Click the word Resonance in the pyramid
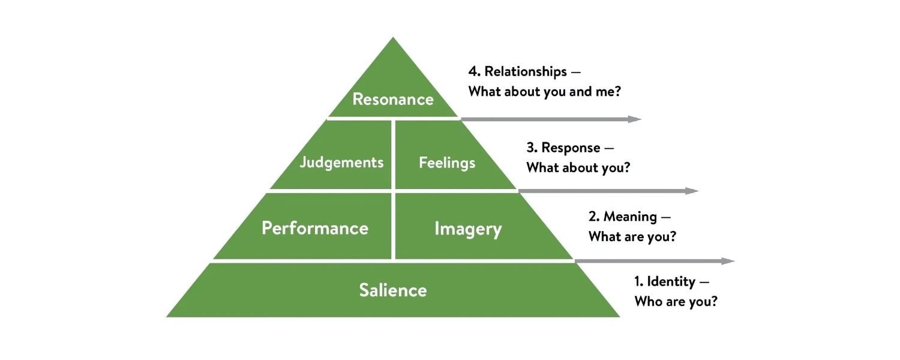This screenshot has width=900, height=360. pos(393,99)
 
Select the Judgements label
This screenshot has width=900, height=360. pos(341,163)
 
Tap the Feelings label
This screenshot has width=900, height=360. pos(447,163)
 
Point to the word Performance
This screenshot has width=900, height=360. pos(315,228)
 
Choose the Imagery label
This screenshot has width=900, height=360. pos(468,229)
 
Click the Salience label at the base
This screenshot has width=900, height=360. pos(393,290)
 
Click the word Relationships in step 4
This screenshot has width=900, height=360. pos(526,71)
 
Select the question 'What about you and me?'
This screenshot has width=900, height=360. pos(544,92)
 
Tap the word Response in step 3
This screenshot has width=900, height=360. pos(571,148)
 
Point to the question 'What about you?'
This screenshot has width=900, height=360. pos(578,167)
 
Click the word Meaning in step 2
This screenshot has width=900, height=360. pos(630,217)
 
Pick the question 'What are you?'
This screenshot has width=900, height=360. pos(632,236)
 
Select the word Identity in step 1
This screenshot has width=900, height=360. pos(671,281)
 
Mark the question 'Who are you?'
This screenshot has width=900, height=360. pos(676,301)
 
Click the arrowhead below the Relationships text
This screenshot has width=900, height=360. pos(635,119)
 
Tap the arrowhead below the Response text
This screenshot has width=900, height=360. pos(692,191)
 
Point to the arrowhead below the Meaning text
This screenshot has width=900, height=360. pos(728,261)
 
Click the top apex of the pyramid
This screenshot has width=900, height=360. pos(393,37)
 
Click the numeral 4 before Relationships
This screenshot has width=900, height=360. pos(473,71)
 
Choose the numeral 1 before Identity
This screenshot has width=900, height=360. pos(637,281)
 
